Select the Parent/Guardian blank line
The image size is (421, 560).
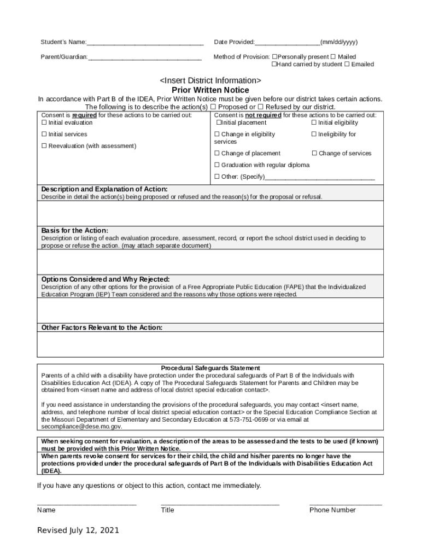point(145,57)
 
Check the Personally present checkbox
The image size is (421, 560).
point(275,57)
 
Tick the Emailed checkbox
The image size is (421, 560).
point(347,65)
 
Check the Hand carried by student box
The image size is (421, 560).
point(275,65)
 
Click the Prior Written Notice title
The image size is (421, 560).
point(210,90)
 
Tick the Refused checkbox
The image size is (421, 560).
point(260,107)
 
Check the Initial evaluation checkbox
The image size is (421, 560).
point(44,123)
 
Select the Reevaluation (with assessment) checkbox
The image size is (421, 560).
point(44,146)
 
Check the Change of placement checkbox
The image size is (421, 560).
point(217,154)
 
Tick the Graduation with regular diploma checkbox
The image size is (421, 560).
point(217,165)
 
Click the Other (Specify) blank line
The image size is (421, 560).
point(320,177)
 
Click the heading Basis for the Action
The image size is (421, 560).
point(75,231)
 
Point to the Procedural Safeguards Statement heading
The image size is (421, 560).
point(210,369)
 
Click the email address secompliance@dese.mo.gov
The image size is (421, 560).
point(82,427)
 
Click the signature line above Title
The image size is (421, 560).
point(220,504)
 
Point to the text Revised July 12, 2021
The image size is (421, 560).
point(78,530)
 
